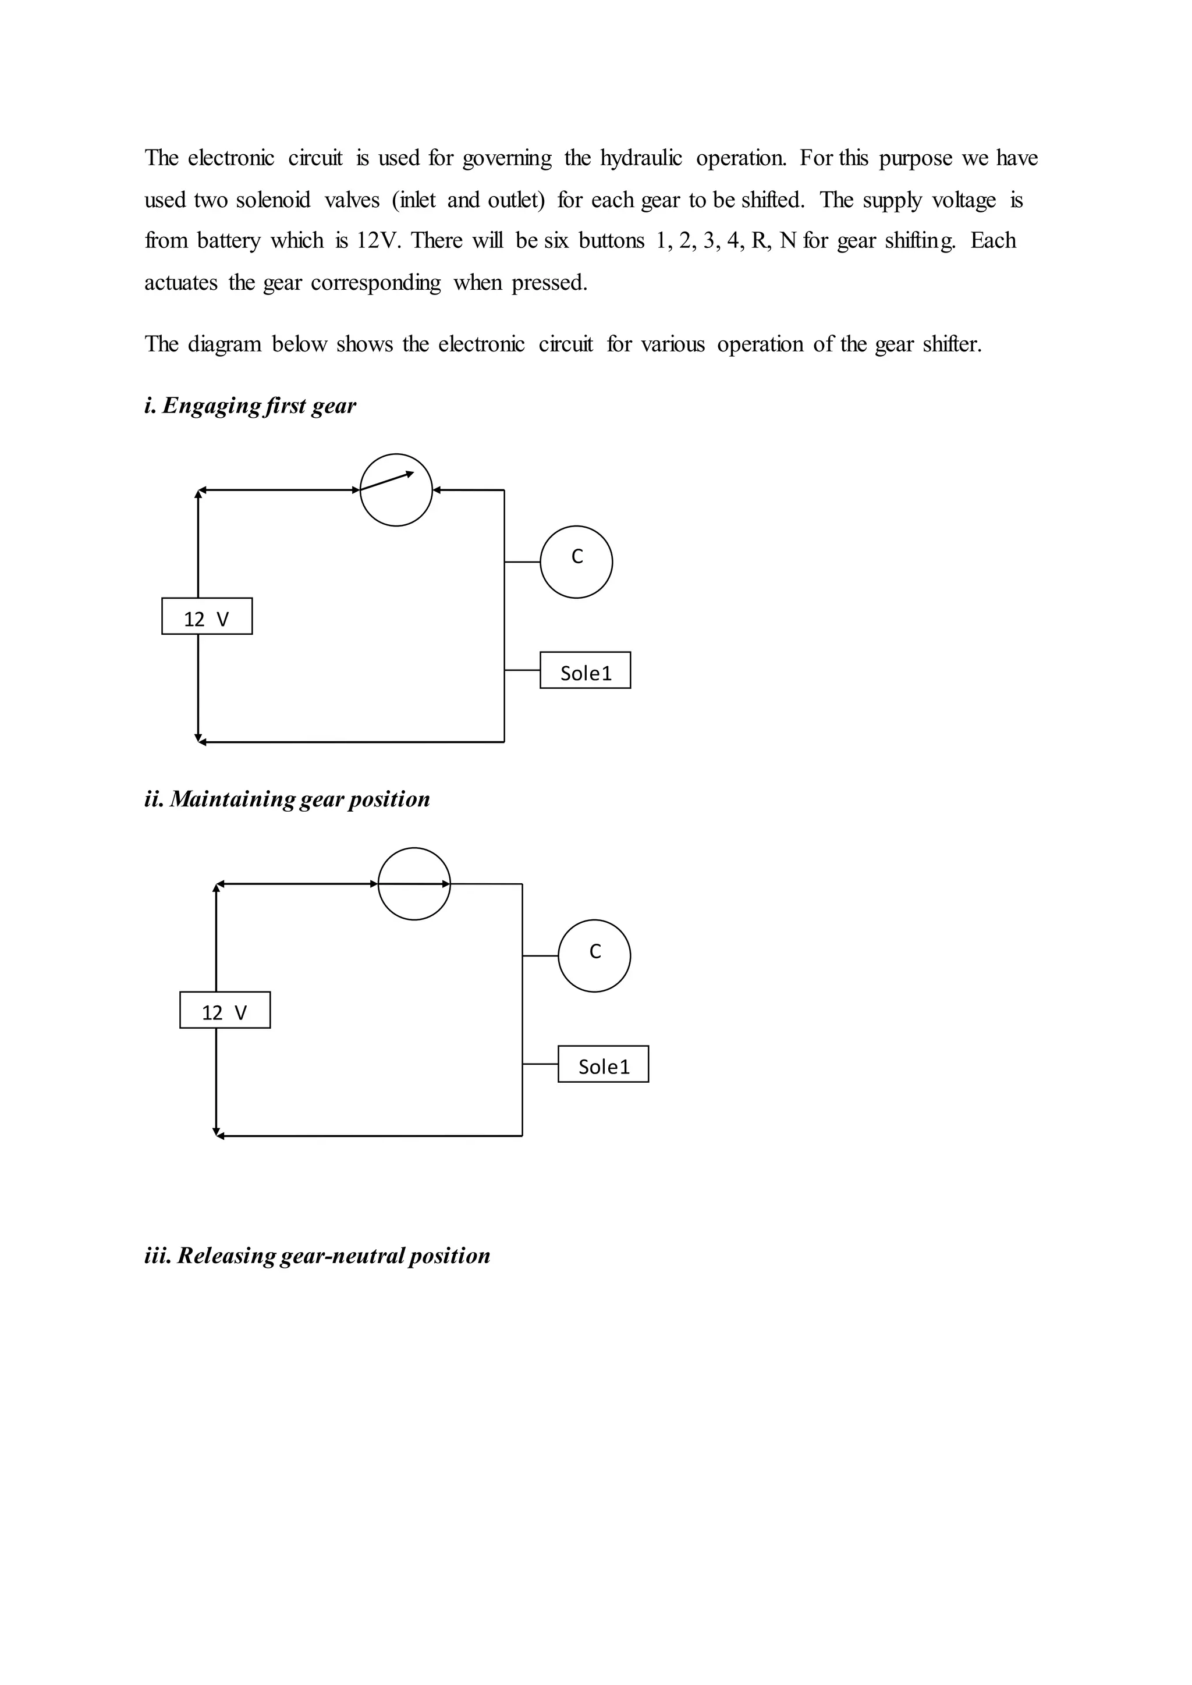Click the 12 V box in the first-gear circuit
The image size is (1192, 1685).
pyautogui.click(x=207, y=617)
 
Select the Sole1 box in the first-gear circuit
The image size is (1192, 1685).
pyautogui.click(x=585, y=670)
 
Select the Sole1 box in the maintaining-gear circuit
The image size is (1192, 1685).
pyautogui.click(x=604, y=1064)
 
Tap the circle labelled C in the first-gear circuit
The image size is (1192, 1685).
pyautogui.click(x=576, y=562)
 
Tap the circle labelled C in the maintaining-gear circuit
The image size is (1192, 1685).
pyautogui.click(x=594, y=955)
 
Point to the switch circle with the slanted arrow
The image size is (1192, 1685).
pyautogui.click(x=396, y=489)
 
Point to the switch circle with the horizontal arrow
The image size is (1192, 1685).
pyautogui.click(x=414, y=884)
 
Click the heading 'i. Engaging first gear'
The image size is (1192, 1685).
pyautogui.click(x=250, y=406)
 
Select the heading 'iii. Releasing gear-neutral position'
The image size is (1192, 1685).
pyautogui.click(x=317, y=1255)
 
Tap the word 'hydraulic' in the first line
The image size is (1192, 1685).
pyautogui.click(x=641, y=158)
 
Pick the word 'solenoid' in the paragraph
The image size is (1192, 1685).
pyautogui.click(x=273, y=200)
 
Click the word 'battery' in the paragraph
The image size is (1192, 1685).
pyautogui.click(x=228, y=241)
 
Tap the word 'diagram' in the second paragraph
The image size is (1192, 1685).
pyautogui.click(x=225, y=344)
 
